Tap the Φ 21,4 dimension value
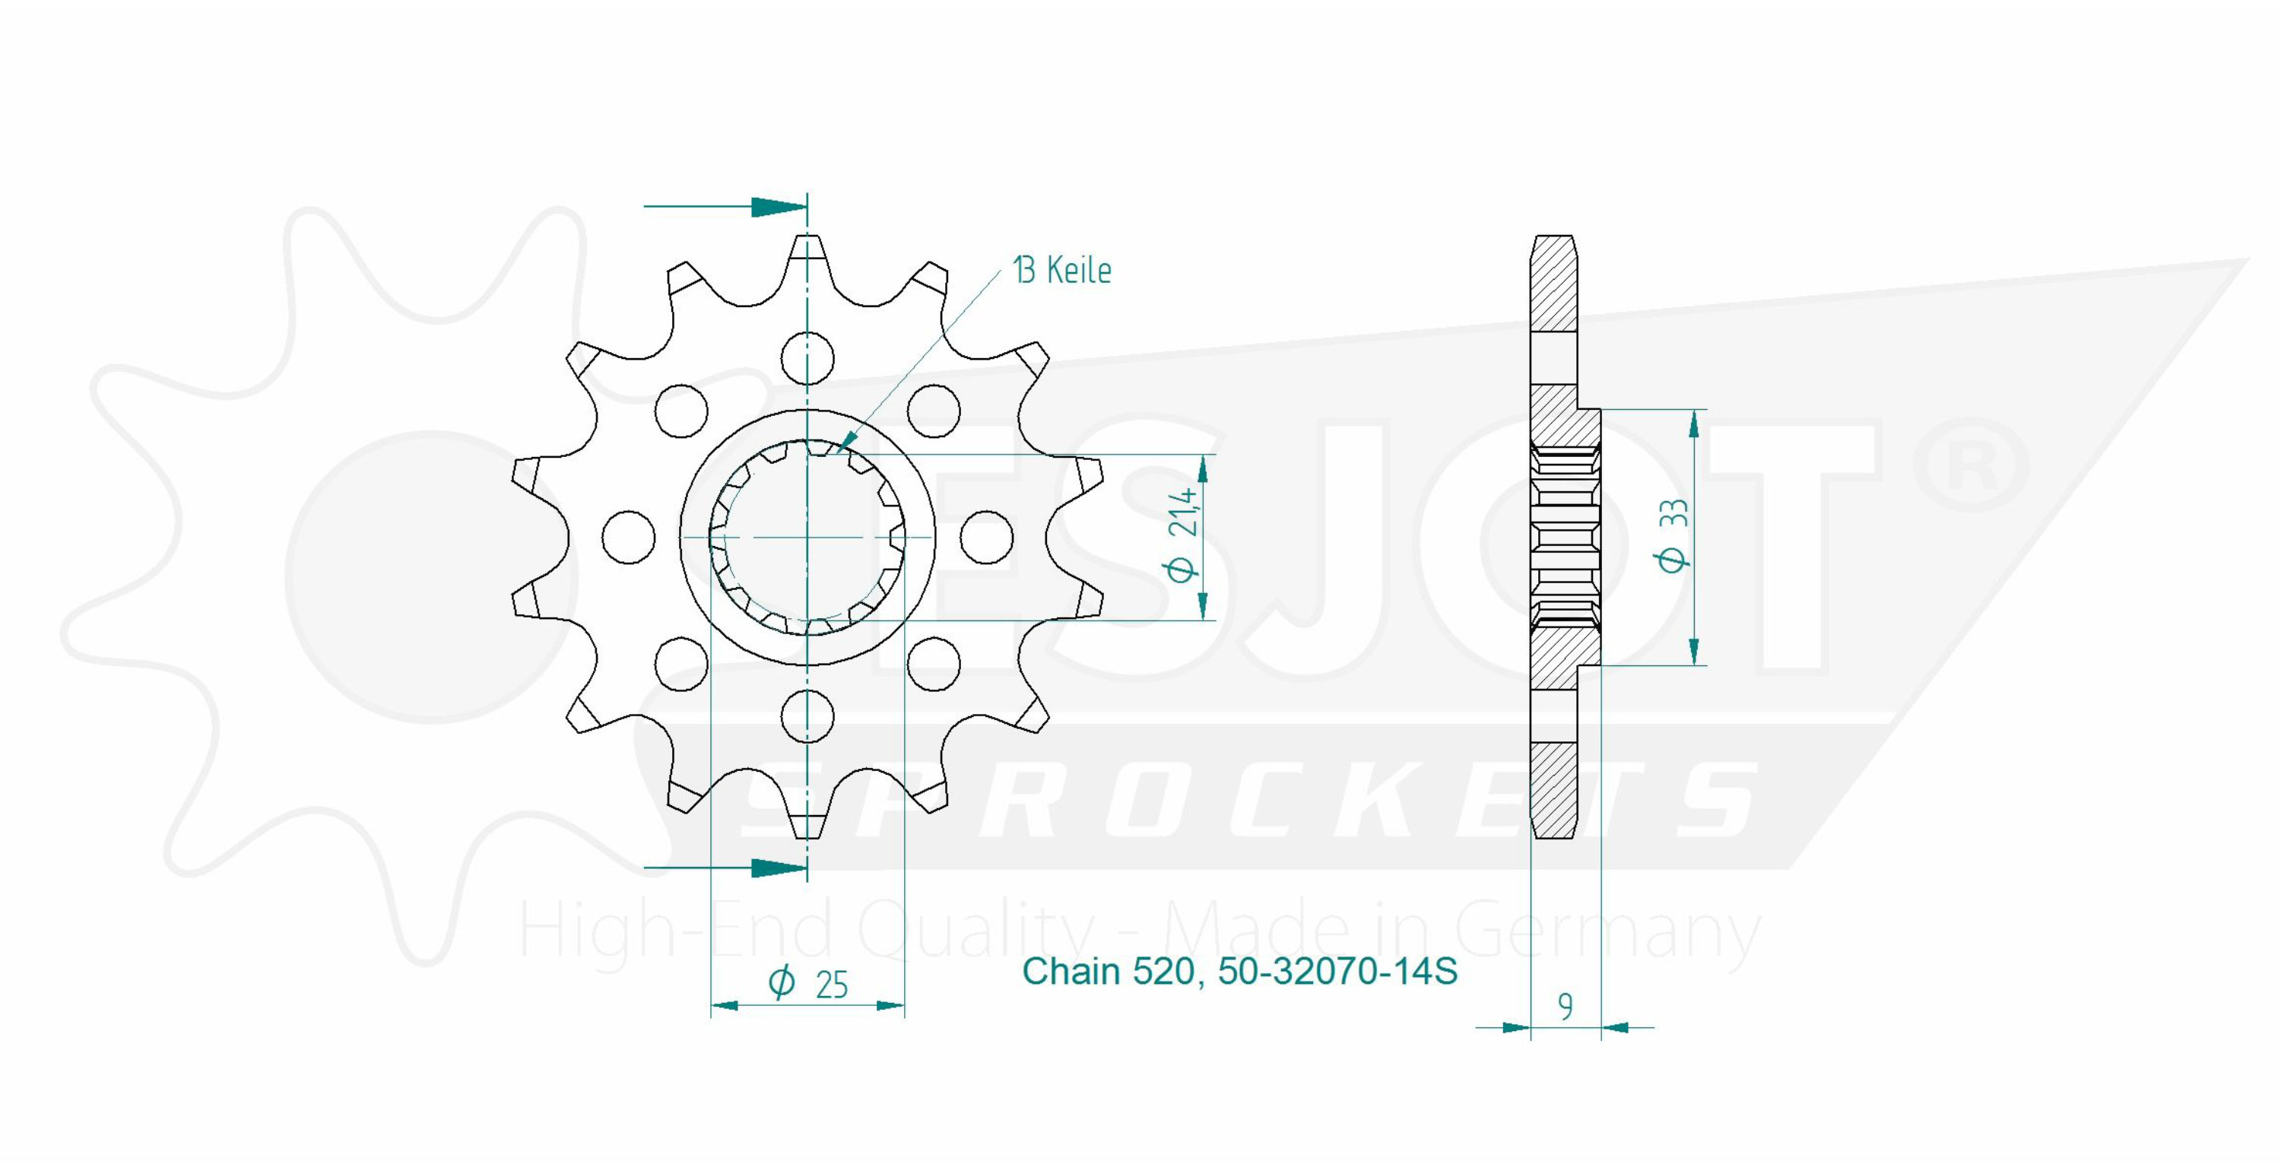1183,535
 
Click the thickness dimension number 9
1566,1007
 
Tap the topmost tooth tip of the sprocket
807,236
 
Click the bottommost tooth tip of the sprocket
807,836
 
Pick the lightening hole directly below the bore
807,716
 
